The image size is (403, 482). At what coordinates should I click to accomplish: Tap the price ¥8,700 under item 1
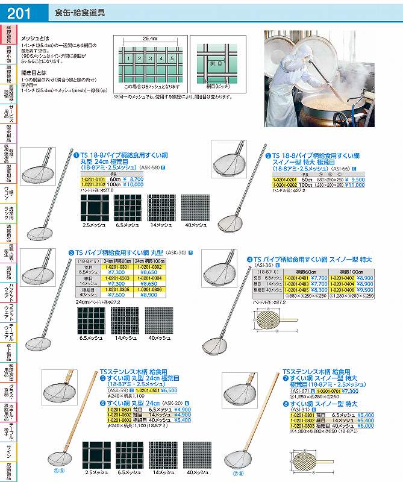[133, 179]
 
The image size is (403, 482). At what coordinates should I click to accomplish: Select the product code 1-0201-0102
[93, 184]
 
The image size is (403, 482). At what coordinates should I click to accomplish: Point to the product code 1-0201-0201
[286, 180]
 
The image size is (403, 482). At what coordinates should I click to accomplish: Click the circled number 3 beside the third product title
[71, 251]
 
